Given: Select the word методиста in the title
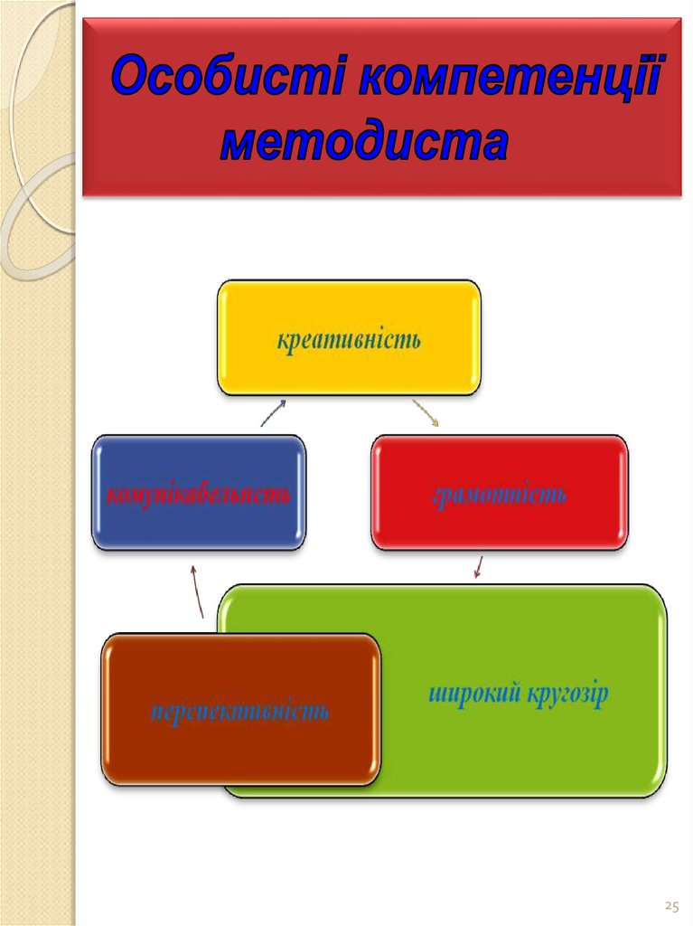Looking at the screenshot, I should (363, 143).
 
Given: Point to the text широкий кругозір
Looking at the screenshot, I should (518, 694).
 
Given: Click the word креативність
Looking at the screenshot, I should (349, 342).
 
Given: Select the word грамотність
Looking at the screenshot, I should (500, 495).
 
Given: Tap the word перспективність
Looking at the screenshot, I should (239, 711).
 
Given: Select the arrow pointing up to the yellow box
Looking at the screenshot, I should (274, 412).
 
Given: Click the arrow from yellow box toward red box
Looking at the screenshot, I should (426, 412).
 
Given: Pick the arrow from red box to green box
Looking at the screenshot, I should (478, 567).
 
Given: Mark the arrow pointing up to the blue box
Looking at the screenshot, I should (197, 591).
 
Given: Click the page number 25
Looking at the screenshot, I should (671, 905).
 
